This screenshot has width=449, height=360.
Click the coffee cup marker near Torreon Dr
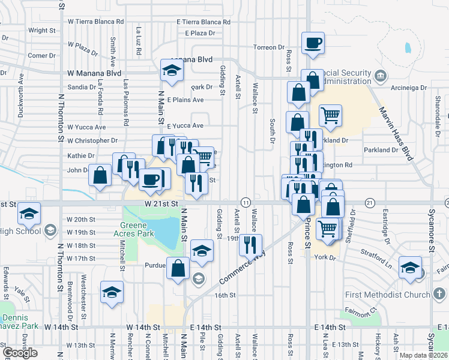(313, 43)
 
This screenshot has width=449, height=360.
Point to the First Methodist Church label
(388, 295)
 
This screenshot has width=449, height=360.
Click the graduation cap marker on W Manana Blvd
(171, 70)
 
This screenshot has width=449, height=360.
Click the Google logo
(19, 353)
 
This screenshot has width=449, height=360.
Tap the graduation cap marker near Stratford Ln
(410, 268)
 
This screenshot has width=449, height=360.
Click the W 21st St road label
(161, 204)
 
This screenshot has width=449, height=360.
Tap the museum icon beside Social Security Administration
(380, 76)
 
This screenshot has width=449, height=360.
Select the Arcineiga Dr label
(408, 88)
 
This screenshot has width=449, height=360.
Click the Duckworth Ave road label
(21, 89)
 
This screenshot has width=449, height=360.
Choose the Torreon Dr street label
(268, 47)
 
